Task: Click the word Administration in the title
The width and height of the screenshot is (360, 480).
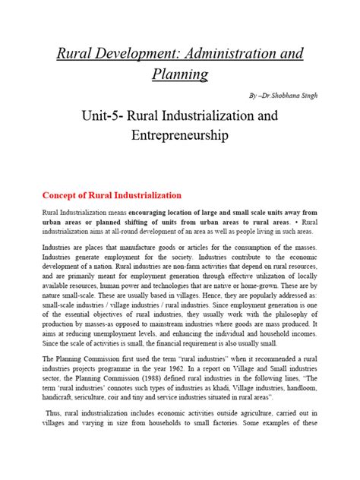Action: coord(233,55)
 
